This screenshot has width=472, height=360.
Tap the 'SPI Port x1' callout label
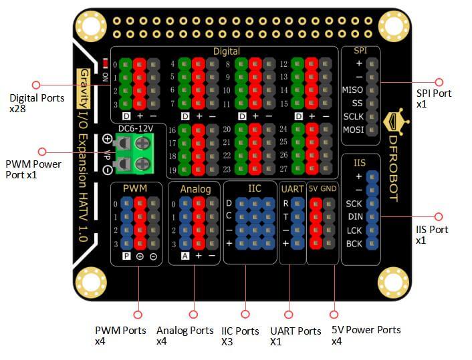(433, 98)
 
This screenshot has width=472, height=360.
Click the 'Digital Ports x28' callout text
(37, 102)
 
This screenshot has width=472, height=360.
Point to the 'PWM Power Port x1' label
(33, 170)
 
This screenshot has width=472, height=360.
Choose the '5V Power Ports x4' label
(366, 335)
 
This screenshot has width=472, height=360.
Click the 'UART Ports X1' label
(296, 336)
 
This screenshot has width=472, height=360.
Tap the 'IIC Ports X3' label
(240, 336)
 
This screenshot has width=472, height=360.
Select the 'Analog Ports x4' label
(185, 335)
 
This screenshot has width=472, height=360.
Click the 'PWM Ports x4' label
(120, 335)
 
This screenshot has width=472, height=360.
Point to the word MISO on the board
(352, 89)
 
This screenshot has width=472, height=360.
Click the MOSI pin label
(352, 130)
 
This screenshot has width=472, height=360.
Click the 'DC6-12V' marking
(136, 128)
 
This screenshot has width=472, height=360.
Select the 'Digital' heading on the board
(226, 51)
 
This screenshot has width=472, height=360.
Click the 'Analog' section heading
(195, 189)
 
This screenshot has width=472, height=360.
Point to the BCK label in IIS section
(354, 244)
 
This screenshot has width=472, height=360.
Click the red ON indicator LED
(105, 65)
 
